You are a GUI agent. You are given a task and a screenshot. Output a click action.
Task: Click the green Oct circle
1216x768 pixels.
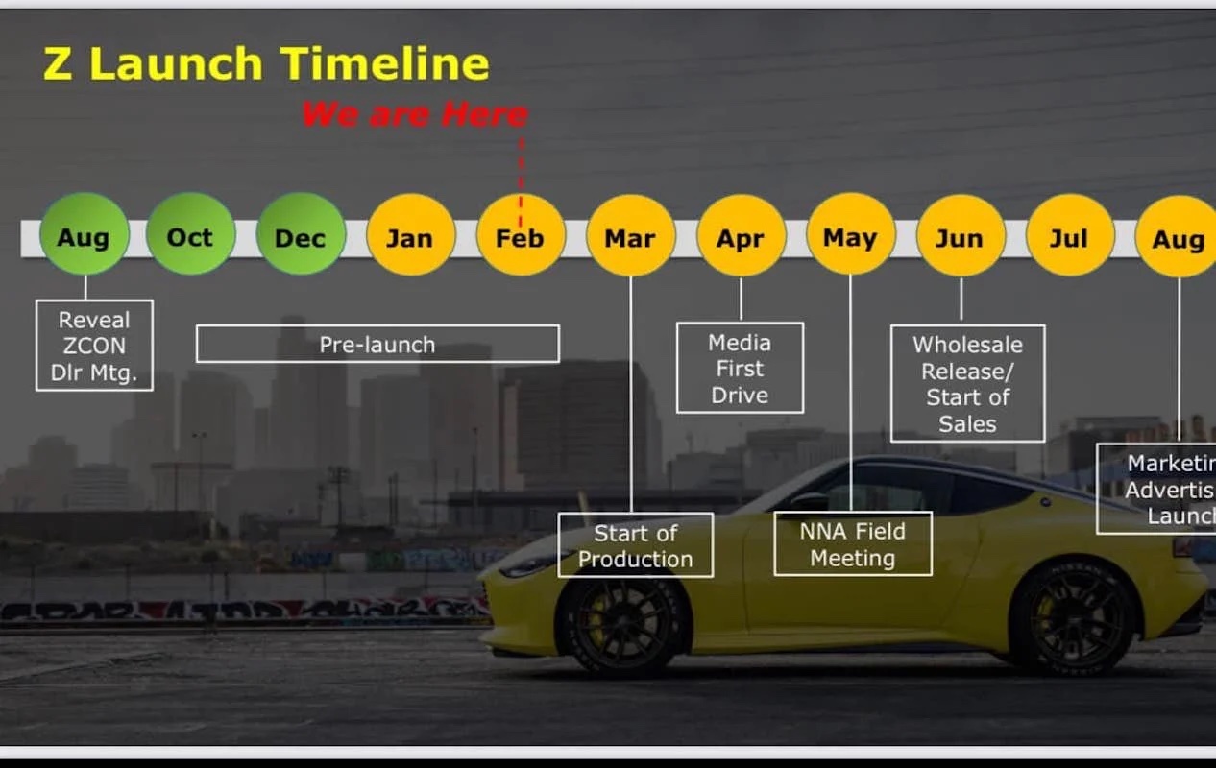click(x=190, y=235)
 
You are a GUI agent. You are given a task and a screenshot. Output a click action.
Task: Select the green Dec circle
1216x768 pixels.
click(x=301, y=235)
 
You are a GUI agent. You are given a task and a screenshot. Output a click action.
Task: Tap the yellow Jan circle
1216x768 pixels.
click(x=410, y=235)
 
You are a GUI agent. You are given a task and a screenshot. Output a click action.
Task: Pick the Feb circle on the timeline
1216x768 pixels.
click(x=521, y=235)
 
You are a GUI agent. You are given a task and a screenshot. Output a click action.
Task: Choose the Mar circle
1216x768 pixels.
click(x=630, y=235)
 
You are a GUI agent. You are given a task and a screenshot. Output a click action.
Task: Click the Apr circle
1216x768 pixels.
click(x=741, y=235)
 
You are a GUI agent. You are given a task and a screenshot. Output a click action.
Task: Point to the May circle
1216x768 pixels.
click(x=850, y=235)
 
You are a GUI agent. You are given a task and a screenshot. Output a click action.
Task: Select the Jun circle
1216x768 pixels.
click(x=960, y=235)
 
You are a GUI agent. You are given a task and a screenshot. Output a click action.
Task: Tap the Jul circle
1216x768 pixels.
click(x=1069, y=235)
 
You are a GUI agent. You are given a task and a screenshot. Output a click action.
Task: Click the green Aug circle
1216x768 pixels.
click(x=84, y=235)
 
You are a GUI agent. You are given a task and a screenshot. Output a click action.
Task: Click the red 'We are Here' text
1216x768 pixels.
click(x=415, y=114)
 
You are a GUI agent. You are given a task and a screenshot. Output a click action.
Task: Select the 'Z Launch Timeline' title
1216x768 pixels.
click(x=266, y=64)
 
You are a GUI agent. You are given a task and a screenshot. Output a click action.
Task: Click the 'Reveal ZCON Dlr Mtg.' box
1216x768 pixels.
click(x=94, y=346)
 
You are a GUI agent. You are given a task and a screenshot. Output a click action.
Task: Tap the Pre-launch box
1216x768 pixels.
click(x=377, y=344)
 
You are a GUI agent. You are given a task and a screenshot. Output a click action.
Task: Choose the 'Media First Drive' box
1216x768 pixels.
click(x=740, y=368)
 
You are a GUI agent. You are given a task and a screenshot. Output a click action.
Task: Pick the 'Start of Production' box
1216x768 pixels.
click(x=635, y=545)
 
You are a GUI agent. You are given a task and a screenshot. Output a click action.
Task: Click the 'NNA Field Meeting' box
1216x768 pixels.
click(x=852, y=543)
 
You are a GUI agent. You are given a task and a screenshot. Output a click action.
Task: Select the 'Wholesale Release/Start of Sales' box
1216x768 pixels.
click(x=967, y=383)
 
